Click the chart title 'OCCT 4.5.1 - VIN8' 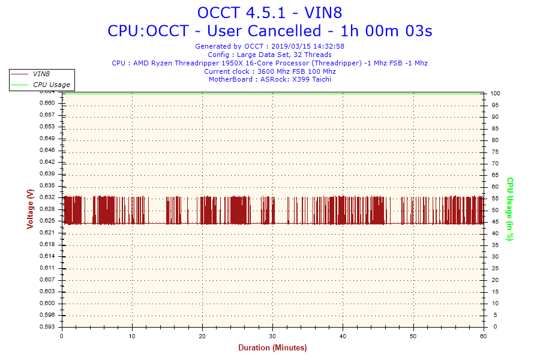(x=269, y=12)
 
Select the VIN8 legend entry (x=41, y=74)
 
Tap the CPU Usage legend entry (x=51, y=85)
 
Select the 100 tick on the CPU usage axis (x=496, y=94)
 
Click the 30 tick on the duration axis (x=272, y=336)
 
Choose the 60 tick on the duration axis (x=483, y=336)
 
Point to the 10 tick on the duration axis (x=132, y=336)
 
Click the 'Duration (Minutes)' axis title (x=272, y=348)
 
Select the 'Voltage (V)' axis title (x=30, y=209)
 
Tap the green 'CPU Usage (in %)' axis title (x=510, y=209)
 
